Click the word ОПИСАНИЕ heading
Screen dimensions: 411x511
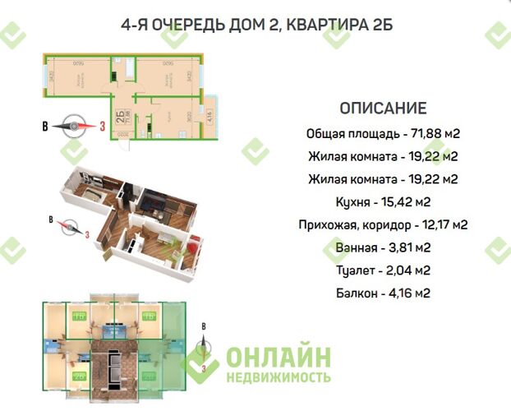[382, 109]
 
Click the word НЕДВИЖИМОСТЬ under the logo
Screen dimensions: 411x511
[279, 377]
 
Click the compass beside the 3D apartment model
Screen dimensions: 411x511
[67, 224]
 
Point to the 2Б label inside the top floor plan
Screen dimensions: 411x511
[120, 115]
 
